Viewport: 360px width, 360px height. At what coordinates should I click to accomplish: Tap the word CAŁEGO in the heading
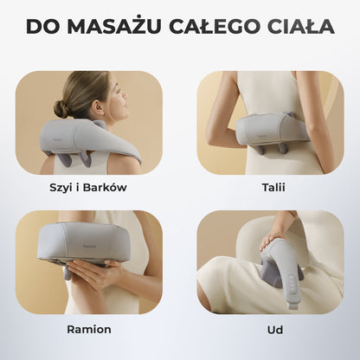(213, 26)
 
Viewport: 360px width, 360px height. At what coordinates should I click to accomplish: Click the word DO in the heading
(42, 26)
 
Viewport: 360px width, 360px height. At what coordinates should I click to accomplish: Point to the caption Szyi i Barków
(88, 188)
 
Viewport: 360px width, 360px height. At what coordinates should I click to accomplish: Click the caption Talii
(273, 188)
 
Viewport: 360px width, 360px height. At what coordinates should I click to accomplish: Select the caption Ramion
(89, 330)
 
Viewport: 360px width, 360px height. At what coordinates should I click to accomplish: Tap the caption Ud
(275, 330)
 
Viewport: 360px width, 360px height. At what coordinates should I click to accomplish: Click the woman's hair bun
(62, 109)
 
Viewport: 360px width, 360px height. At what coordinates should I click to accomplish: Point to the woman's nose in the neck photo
(125, 95)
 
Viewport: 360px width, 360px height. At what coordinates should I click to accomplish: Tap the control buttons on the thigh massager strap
(292, 283)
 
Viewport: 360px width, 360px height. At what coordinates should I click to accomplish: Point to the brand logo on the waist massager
(262, 134)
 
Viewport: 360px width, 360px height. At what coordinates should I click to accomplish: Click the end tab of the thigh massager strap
(292, 305)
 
